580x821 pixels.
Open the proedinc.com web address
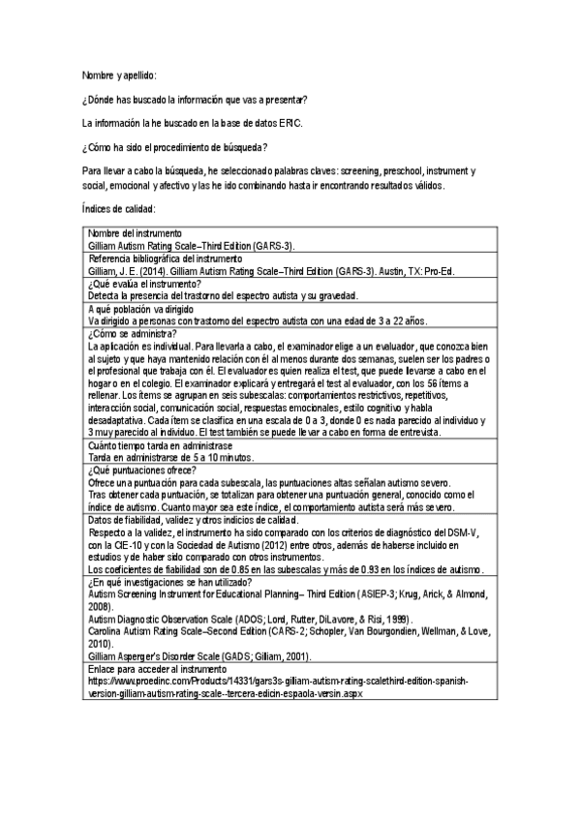pos(280,681)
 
